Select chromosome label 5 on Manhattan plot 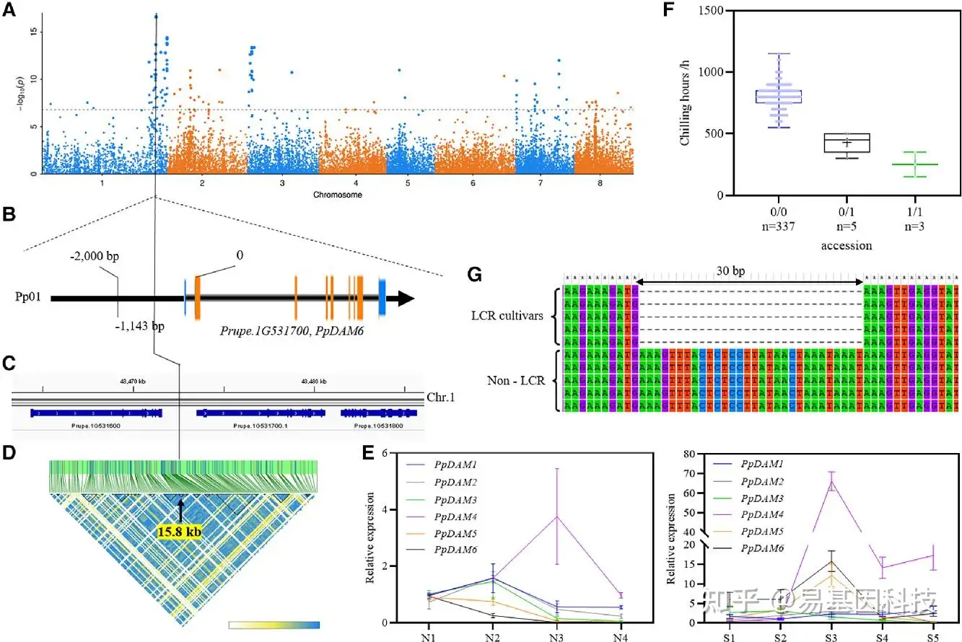tap(408, 183)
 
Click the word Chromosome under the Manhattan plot tap(338, 195)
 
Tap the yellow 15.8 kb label tap(178, 532)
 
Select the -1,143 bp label tap(141, 326)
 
